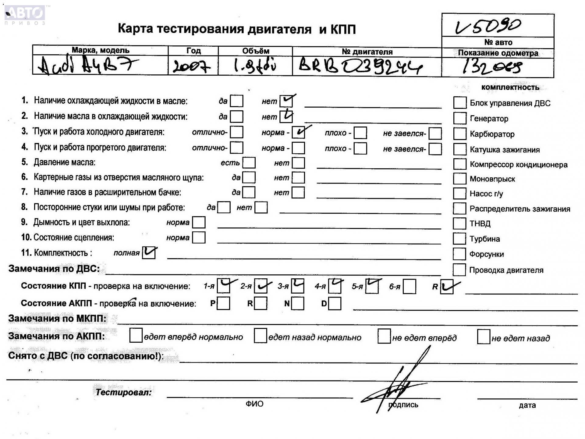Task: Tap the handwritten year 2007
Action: tap(191, 66)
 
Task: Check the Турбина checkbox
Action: tap(459, 239)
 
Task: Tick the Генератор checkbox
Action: tap(460, 118)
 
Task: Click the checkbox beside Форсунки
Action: tap(459, 254)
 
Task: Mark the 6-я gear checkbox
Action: tap(409, 287)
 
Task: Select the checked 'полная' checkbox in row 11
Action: tap(149, 253)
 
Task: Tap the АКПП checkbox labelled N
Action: tap(298, 304)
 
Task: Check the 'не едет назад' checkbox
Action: tap(483, 337)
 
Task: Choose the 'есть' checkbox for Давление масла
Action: tap(249, 163)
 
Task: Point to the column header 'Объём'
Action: tap(255, 51)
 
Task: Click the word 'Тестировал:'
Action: tap(124, 392)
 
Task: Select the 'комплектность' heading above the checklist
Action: tap(510, 87)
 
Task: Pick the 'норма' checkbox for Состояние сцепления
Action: tap(199, 237)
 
